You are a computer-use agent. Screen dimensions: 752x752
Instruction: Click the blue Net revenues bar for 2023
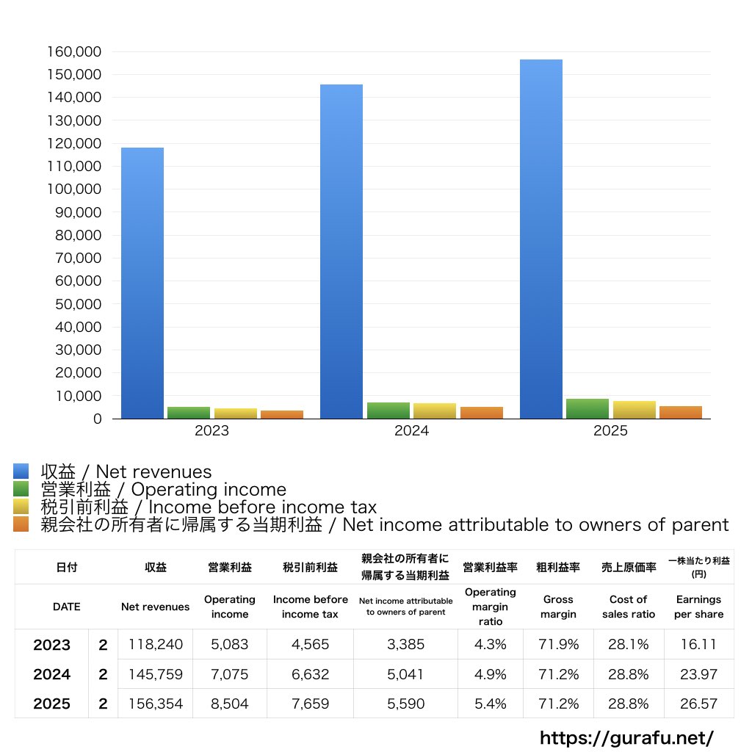click(x=142, y=283)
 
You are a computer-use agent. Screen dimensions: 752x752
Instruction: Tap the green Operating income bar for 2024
click(x=388, y=411)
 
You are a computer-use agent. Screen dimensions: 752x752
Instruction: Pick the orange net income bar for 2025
click(x=680, y=412)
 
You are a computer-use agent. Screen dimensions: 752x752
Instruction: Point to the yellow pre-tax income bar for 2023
click(x=236, y=413)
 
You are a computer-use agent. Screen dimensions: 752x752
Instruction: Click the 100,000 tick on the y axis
click(x=76, y=189)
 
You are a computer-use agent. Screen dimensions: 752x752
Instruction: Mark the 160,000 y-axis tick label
click(x=76, y=52)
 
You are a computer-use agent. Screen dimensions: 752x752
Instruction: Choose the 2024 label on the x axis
click(x=411, y=431)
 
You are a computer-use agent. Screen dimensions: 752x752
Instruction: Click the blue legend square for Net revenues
click(x=21, y=471)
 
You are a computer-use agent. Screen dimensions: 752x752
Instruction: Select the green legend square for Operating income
click(x=21, y=489)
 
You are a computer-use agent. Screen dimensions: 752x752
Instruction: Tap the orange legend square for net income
click(x=21, y=524)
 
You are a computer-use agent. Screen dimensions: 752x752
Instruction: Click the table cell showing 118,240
click(x=155, y=645)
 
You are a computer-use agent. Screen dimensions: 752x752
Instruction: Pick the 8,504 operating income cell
click(x=229, y=704)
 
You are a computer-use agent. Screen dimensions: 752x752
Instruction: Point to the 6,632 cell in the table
click(x=310, y=674)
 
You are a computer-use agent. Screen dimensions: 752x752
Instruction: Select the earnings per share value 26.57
click(x=698, y=704)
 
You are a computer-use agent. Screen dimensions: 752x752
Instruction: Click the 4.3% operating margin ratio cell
click(x=490, y=645)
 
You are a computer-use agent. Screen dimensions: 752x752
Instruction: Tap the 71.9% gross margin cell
click(x=558, y=645)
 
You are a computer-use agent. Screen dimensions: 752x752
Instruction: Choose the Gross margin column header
click(x=558, y=607)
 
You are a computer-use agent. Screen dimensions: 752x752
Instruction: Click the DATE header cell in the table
click(x=66, y=607)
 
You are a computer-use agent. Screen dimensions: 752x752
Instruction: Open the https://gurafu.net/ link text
click(x=626, y=737)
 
